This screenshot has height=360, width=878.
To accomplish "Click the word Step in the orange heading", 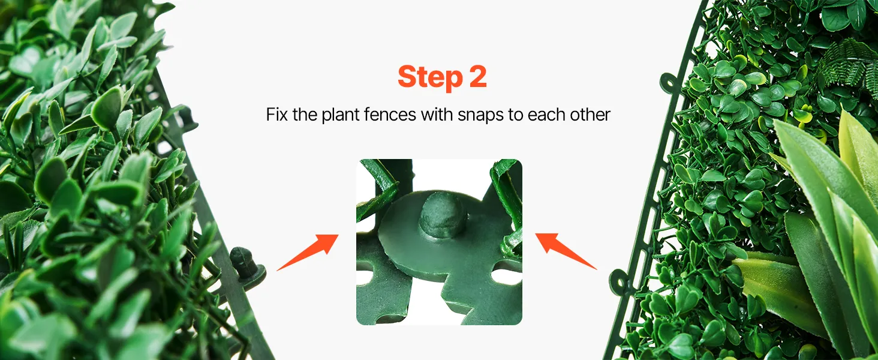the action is [430, 77].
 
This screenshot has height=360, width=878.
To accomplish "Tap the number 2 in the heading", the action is [478, 76].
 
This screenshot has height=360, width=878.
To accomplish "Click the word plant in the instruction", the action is [340, 115].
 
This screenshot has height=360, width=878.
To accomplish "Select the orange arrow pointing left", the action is [566, 251].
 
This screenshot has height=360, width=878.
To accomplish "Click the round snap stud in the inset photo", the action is [443, 218].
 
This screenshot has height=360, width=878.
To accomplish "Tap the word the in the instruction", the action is [305, 115].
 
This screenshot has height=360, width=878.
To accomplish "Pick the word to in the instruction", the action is [514, 115].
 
